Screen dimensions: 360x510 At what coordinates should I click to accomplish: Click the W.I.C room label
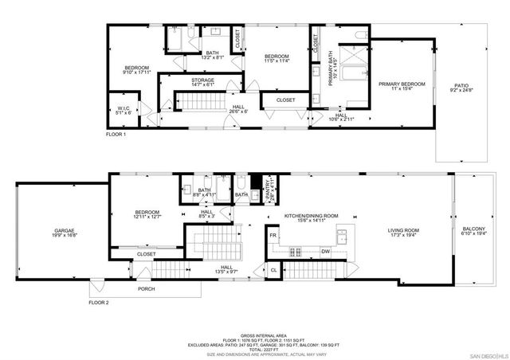tap(124, 109)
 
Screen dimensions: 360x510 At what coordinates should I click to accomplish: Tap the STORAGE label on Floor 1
tap(202, 80)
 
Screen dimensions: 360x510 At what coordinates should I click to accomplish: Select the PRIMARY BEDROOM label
tap(402, 84)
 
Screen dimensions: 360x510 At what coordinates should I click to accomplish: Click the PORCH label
tap(146, 289)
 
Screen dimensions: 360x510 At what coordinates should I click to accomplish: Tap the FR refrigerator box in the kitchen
tap(273, 237)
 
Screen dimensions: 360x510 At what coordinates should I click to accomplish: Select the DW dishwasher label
tap(325, 252)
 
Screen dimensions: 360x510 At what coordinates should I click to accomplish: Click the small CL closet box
tap(273, 270)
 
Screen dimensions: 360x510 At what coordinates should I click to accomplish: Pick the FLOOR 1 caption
tap(116, 135)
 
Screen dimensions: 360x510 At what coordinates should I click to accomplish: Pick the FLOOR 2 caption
tap(100, 303)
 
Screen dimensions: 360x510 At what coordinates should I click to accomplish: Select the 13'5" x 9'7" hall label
tap(226, 269)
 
